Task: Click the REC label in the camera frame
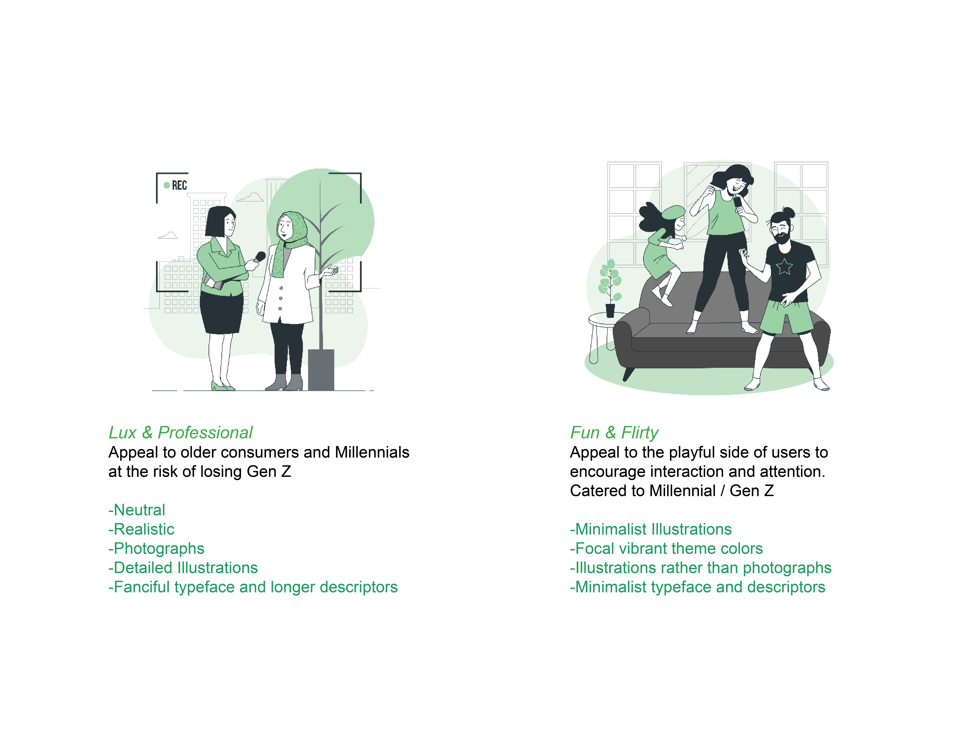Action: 179,185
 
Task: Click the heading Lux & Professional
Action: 180,433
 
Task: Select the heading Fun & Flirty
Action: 614,433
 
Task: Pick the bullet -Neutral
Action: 137,510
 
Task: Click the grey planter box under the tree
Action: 321,370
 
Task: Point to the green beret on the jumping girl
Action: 672,212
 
